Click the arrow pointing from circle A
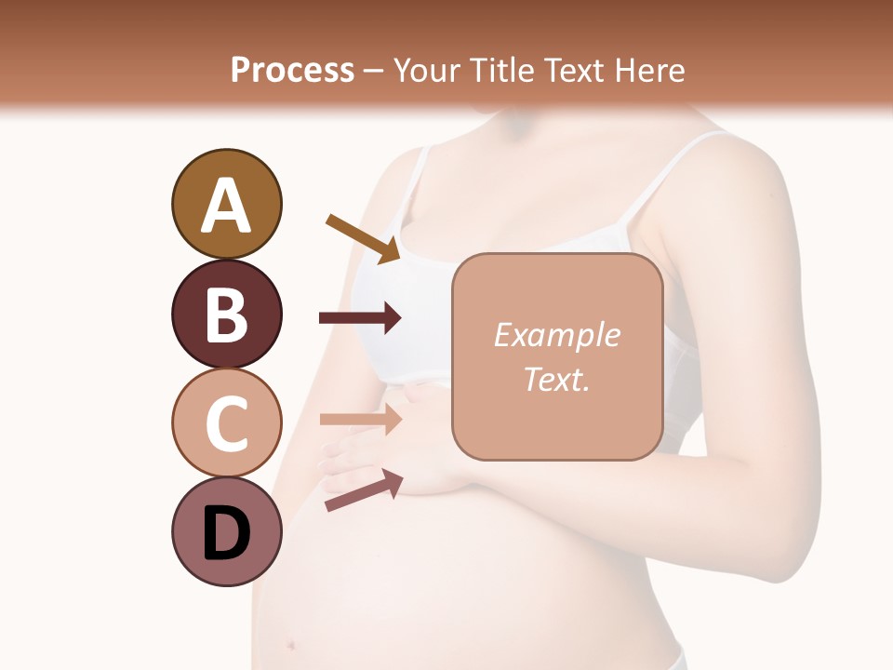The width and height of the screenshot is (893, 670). (x=363, y=237)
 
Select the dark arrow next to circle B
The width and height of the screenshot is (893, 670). (x=360, y=318)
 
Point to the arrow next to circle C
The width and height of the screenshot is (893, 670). (x=360, y=420)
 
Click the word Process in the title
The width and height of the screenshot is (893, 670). (x=292, y=70)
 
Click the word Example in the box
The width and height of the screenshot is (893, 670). (x=556, y=335)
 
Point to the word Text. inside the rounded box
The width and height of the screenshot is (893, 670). (x=556, y=379)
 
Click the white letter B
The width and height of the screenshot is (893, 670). (x=226, y=315)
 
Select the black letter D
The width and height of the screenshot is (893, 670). (x=226, y=534)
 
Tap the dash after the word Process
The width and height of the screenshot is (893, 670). (x=374, y=71)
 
